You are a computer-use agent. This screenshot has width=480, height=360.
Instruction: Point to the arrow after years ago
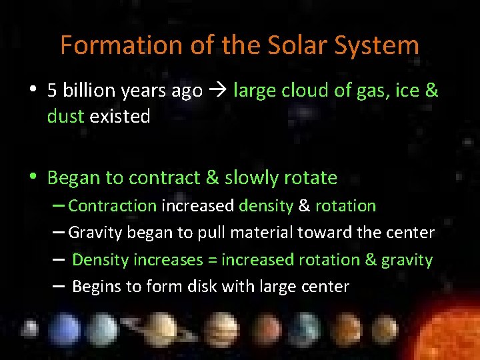[217, 91]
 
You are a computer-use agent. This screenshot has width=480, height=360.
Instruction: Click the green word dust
[65, 117]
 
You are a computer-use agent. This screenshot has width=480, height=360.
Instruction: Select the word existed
[120, 117]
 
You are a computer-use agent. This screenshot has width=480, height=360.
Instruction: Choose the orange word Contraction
[112, 206]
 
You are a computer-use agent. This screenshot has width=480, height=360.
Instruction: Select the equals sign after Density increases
[212, 260]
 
